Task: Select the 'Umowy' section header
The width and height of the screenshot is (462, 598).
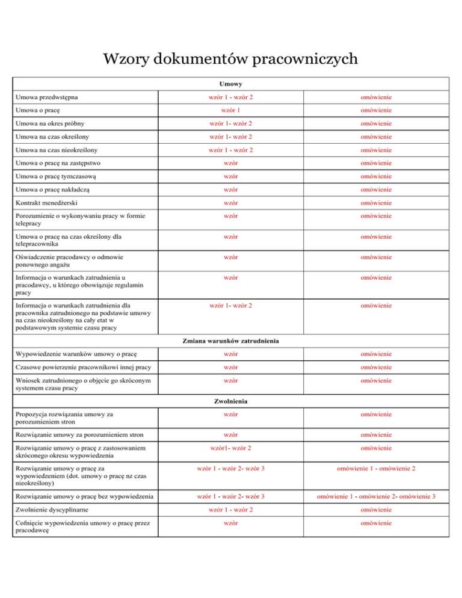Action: click(231, 84)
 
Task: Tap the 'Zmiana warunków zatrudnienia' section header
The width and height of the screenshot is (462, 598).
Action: click(231, 341)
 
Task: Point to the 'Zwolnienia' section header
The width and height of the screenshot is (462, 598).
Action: click(231, 400)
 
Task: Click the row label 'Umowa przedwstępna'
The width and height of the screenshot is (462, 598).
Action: click(46, 97)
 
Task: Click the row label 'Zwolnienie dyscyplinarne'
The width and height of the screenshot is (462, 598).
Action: click(55, 510)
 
